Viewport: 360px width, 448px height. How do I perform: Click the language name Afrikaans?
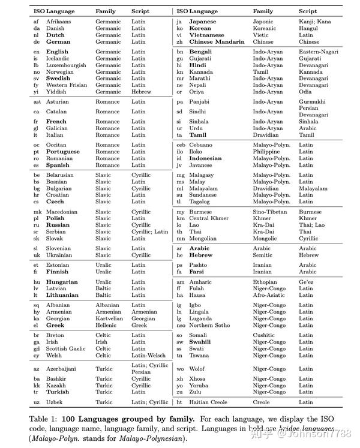(x=58, y=22)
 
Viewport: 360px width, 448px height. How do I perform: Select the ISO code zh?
(x=179, y=42)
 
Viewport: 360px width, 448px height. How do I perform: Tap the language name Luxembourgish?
(x=66, y=65)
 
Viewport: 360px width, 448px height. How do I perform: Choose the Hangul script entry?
(x=308, y=28)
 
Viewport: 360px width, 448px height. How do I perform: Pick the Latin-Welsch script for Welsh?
(x=148, y=355)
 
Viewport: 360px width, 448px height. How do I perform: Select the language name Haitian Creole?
(x=209, y=402)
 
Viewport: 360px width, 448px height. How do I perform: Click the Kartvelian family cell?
(x=108, y=318)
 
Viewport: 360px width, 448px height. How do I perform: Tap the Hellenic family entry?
(x=106, y=325)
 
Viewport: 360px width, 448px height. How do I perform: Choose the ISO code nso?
(x=179, y=325)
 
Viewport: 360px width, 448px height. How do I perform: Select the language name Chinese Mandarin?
(x=217, y=42)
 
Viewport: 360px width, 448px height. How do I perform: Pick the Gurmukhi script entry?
(x=312, y=102)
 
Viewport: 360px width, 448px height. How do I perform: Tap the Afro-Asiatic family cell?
(x=268, y=295)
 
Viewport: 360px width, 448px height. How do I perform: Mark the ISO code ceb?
(x=181, y=145)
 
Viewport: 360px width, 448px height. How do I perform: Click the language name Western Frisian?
(x=67, y=85)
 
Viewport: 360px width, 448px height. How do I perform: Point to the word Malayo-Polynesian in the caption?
(x=155, y=438)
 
